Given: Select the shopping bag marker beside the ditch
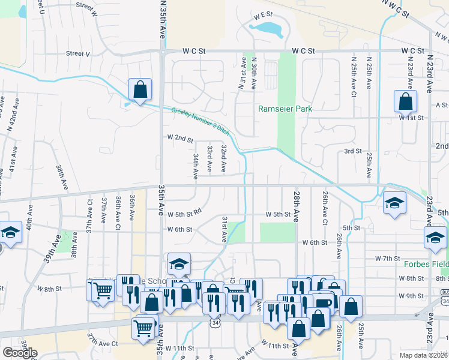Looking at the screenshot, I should [x=140, y=91].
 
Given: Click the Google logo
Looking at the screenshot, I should [x=20, y=352].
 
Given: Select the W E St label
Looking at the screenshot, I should [x=263, y=14].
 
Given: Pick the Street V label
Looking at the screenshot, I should [x=78, y=53].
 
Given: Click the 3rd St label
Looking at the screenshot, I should [x=352, y=151].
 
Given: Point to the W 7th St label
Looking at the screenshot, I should [x=387, y=258].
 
